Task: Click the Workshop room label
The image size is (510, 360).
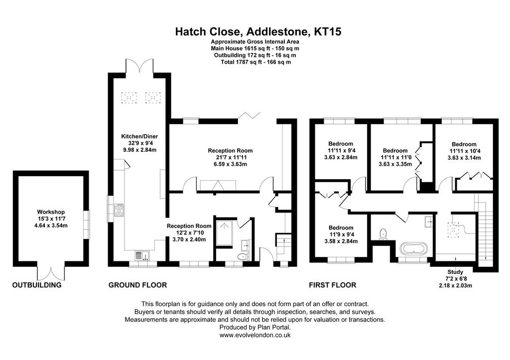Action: pyautogui.click(x=51, y=212)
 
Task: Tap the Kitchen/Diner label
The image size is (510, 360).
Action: pyautogui.click(x=139, y=136)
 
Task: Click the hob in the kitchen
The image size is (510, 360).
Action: pyautogui.click(x=119, y=210)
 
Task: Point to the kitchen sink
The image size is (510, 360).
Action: pyautogui.click(x=142, y=255)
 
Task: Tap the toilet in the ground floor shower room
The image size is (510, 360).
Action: pyautogui.click(x=243, y=256)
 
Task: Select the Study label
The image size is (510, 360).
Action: pyautogui.click(x=455, y=272)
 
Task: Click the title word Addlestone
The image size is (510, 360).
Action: pyautogui.click(x=277, y=32)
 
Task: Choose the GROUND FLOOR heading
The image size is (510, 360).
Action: pyautogui.click(x=137, y=285)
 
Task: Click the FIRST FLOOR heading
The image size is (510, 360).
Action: pyautogui.click(x=332, y=285)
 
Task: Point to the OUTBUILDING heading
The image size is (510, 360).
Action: pyautogui.click(x=37, y=285)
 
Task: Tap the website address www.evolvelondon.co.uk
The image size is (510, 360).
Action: pyautogui.click(x=255, y=335)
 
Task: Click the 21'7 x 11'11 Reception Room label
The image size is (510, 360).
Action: pyautogui.click(x=230, y=157)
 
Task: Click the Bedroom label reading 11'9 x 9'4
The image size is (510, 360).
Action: pyautogui.click(x=341, y=235)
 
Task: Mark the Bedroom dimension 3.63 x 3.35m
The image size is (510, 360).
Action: pyautogui.click(x=395, y=164)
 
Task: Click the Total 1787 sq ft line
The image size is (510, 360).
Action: pyautogui.click(x=255, y=62)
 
